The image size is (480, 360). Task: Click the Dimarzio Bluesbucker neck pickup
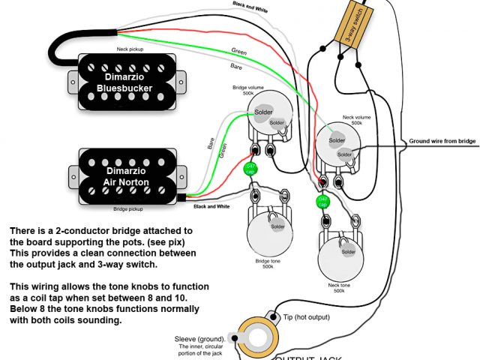pyautogui.click(x=124, y=81)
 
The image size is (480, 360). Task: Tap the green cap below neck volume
pyautogui.click(x=321, y=202)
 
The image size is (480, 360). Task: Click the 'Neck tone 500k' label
pyautogui.click(x=339, y=286)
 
